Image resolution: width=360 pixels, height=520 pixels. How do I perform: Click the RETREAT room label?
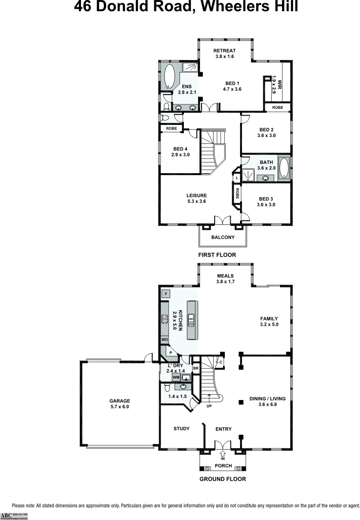click(225, 51)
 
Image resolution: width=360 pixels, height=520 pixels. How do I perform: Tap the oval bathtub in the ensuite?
click(169, 77)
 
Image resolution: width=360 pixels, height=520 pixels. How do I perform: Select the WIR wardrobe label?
click(274, 79)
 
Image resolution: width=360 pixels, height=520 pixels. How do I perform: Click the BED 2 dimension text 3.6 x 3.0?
click(266, 136)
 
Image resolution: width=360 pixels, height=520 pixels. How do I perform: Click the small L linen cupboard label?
click(237, 178)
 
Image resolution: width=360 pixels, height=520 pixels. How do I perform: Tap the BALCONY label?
click(223, 238)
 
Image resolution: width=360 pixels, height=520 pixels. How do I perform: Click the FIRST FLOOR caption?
click(217, 255)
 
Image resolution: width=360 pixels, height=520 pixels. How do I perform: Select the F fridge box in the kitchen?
click(166, 294)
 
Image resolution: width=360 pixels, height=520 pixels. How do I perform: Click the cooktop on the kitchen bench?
click(165, 319)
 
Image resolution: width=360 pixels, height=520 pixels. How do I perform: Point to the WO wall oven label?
click(165, 340)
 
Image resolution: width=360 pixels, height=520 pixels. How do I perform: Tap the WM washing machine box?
click(176, 378)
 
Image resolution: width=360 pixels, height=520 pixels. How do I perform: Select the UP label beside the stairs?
click(209, 405)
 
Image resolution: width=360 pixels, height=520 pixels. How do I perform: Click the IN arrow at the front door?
click(223, 454)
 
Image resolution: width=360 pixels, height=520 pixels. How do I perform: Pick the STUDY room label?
click(181, 429)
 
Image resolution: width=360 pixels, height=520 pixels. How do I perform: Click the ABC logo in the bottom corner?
click(6, 515)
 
